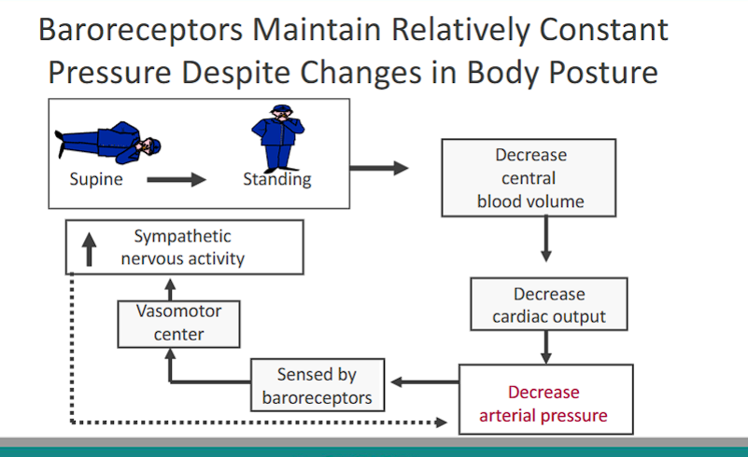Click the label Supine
coord(95,179)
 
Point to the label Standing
coord(276,179)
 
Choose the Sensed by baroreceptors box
coord(317,386)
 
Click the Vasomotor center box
coord(178,323)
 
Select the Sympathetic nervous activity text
coord(182,247)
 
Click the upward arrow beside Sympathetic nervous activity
coord(90,249)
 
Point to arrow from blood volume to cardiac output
coord(546,243)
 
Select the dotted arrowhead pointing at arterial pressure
coord(442,422)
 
